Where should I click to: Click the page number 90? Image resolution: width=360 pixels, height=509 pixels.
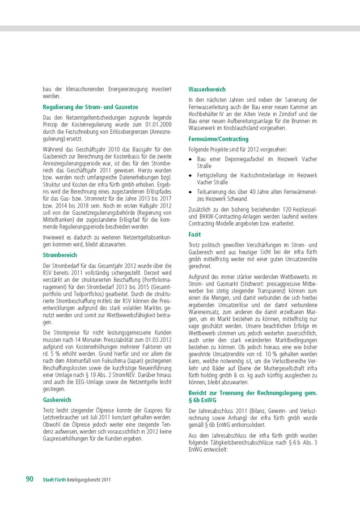pyautogui.click(x=29, y=479)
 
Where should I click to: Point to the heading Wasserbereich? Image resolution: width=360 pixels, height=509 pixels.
pyautogui.click(x=207, y=90)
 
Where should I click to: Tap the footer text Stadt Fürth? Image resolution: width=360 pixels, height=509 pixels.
pyautogui.click(x=54, y=480)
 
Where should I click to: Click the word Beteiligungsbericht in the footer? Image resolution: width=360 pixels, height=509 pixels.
pyautogui.click(x=83, y=480)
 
